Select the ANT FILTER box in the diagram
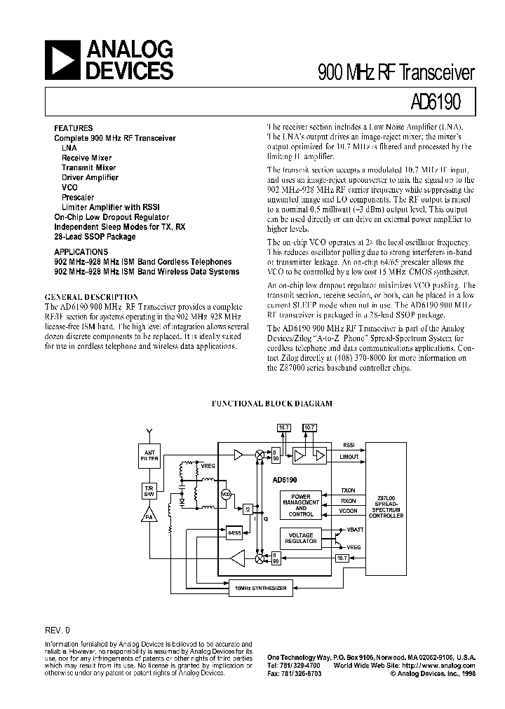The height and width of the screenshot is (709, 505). tap(149, 457)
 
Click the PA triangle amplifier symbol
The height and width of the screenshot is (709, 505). tap(149, 516)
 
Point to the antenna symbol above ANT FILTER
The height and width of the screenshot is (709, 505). tap(149, 430)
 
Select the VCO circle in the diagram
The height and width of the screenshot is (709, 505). tap(227, 494)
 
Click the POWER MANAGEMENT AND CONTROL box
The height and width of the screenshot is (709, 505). tap(301, 505)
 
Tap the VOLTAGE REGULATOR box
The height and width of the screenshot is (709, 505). tap(301, 538)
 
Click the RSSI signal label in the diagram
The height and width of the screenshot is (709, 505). tap(349, 444)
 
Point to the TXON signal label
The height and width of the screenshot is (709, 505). tap(348, 490)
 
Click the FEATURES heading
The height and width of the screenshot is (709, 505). tap(74, 128)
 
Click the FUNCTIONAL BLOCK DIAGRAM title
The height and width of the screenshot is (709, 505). tap(272, 404)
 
